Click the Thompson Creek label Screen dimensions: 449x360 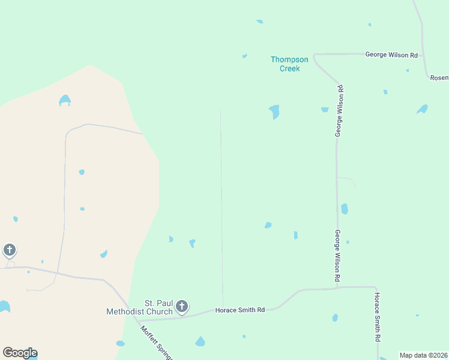pos(289,64)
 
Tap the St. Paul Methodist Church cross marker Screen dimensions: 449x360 pos(182,307)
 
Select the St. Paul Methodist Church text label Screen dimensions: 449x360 pos(139,307)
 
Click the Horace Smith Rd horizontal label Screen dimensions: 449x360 pos(240,310)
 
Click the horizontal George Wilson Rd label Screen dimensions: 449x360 pos(391,55)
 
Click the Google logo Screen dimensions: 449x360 pos(20,353)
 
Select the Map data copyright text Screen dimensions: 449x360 pos(424,355)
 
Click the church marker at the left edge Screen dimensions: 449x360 pos(9,250)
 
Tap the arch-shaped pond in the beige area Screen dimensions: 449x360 pos(65,100)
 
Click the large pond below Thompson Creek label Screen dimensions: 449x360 pos(274,111)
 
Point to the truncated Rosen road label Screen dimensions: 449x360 pos(439,78)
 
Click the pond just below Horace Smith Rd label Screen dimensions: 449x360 pos(200,341)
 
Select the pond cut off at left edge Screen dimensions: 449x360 pos(4,307)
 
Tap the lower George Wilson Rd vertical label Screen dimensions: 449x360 pos(338,256)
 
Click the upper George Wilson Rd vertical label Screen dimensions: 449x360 pos(339,111)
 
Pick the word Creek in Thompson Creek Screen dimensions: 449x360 pos(289,68)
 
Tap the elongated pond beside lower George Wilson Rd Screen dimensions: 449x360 pos(344,209)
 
